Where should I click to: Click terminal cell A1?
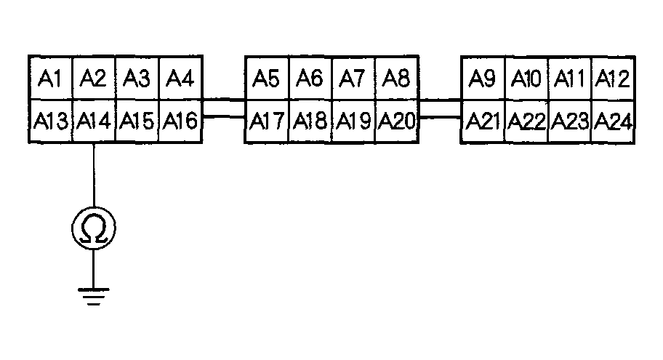tap(50, 78)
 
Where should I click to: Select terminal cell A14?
tap(93, 121)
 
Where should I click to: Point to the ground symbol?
tap(94, 296)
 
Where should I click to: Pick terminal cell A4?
tap(179, 78)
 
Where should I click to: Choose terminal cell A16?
tap(179, 121)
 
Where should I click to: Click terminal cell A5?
tap(267, 78)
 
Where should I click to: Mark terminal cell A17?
tap(267, 121)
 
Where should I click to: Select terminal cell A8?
tap(397, 78)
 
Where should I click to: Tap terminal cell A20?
tap(397, 121)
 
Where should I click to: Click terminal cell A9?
tap(483, 78)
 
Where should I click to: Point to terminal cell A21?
tap(483, 121)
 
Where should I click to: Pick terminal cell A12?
tap(611, 78)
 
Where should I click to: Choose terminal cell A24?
tap(611, 121)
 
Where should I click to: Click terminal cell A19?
tap(353, 121)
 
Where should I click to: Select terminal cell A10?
tap(526, 78)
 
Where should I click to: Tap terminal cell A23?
tap(569, 121)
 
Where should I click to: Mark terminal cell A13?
tap(50, 121)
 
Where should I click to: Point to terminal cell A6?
tap(310, 78)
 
